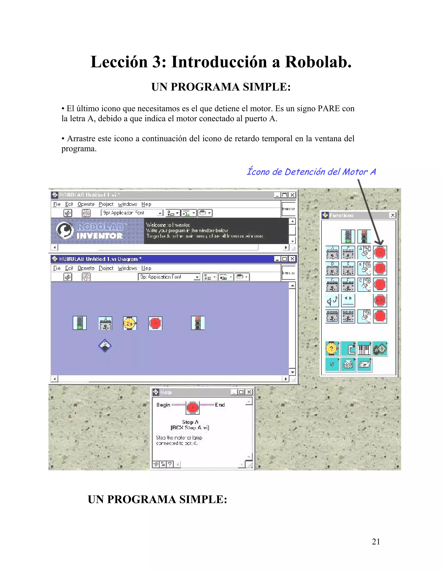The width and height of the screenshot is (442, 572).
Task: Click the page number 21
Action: tap(376, 541)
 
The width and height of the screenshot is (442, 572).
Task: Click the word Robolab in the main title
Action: tap(318, 62)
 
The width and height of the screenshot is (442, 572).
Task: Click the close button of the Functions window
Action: tap(392, 215)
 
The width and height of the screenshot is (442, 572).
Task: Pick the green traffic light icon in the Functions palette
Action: tap(348, 237)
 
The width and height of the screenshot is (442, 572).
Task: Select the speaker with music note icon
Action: tap(332, 301)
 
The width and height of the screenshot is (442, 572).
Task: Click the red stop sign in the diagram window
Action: tap(155, 323)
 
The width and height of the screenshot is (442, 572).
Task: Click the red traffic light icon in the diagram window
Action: tap(198, 323)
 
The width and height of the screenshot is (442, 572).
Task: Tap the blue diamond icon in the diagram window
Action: tap(105, 346)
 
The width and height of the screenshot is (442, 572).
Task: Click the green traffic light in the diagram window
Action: tap(80, 323)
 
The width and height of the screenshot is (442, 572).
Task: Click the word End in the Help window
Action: tap(220, 405)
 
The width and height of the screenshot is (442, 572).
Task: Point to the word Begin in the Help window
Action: tap(163, 405)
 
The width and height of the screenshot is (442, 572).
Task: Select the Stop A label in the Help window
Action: tap(190, 422)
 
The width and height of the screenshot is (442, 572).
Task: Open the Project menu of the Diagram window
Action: tap(106, 268)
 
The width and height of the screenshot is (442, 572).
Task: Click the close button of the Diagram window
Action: tap(292, 259)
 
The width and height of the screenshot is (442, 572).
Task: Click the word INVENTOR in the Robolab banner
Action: tap(99, 236)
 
